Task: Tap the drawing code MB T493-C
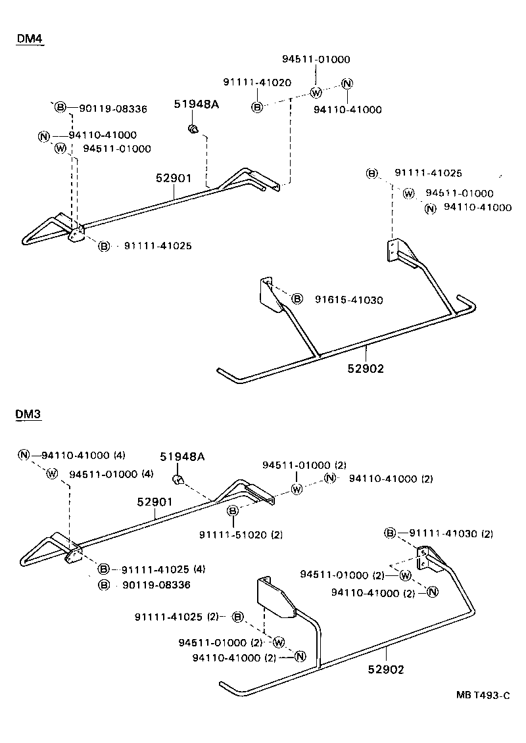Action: (x=484, y=695)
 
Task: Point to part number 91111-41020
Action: (x=257, y=82)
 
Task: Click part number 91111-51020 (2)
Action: (x=241, y=535)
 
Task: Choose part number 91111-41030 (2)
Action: (x=451, y=533)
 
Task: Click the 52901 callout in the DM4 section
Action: (x=174, y=178)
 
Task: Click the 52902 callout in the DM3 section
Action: (x=385, y=670)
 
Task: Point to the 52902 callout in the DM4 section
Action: (x=366, y=369)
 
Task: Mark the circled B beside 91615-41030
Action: (x=297, y=299)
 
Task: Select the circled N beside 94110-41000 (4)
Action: (x=24, y=455)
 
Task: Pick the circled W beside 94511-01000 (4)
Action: (x=52, y=474)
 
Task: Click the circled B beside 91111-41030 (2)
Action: (x=390, y=533)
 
